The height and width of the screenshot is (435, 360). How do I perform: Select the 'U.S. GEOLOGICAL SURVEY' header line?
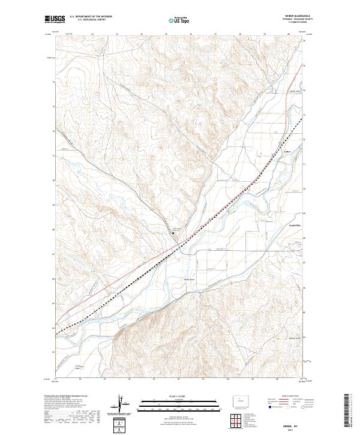(85, 20)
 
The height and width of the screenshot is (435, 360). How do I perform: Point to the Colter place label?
(287, 152)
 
